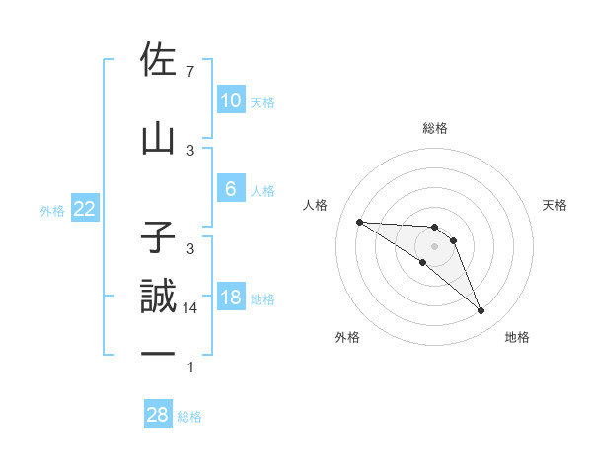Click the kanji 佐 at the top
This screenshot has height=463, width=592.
click(158, 61)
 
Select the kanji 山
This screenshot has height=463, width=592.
click(158, 139)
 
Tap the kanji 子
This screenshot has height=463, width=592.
click(158, 237)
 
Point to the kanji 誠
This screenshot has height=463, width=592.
click(158, 298)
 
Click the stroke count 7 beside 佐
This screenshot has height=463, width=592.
click(189, 72)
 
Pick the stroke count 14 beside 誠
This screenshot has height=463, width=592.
click(191, 308)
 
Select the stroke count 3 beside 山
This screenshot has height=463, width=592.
click(189, 150)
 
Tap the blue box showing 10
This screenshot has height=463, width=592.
click(230, 100)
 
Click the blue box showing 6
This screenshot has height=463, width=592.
click(230, 189)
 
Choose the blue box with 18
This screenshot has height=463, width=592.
click(230, 298)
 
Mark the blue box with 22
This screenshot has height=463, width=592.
click(84, 210)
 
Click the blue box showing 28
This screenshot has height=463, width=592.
click(157, 415)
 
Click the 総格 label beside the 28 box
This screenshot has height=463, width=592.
click(189, 416)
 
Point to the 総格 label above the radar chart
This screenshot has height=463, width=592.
click(434, 128)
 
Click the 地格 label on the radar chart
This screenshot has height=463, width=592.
click(517, 337)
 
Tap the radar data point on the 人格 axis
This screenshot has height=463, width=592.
click(359, 222)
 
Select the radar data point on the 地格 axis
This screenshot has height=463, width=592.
click(481, 311)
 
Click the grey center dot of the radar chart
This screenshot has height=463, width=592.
click(434, 245)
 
